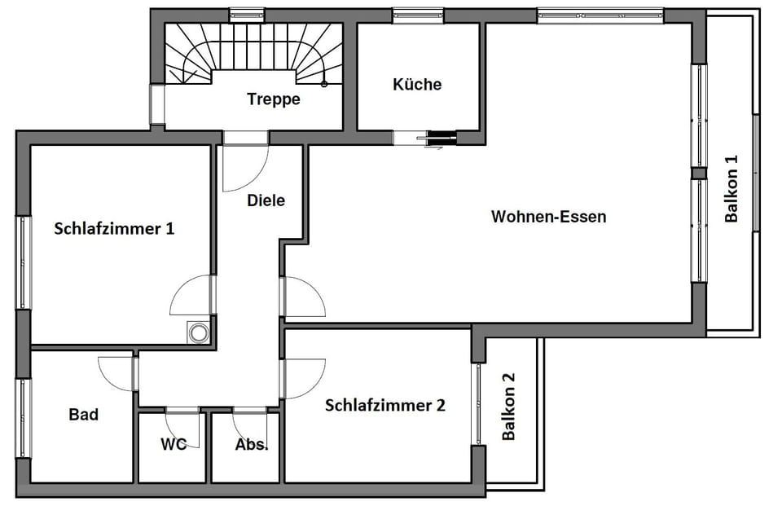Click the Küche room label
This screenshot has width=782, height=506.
pos(417,84)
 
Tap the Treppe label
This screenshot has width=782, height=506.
pos(274,99)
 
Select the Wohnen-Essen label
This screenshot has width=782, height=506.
pos(548,217)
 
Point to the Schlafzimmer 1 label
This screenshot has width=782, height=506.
pos(114,229)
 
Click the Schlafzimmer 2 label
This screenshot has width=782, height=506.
pos(384,405)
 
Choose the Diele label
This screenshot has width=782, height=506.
pos(266,199)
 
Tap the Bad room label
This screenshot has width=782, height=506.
pos(83,415)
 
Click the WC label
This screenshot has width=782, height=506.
pos(174,444)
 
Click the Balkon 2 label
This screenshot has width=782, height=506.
pos(509,407)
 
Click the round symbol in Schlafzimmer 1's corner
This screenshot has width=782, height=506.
pos(198,332)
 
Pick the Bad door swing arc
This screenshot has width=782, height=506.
pos(116,373)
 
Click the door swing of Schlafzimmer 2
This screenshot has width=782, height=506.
pos(304,379)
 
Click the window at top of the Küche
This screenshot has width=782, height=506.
pos(417,15)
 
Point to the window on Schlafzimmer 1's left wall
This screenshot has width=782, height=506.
pos(24,262)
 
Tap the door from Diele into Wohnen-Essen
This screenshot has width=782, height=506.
pos(304,297)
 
